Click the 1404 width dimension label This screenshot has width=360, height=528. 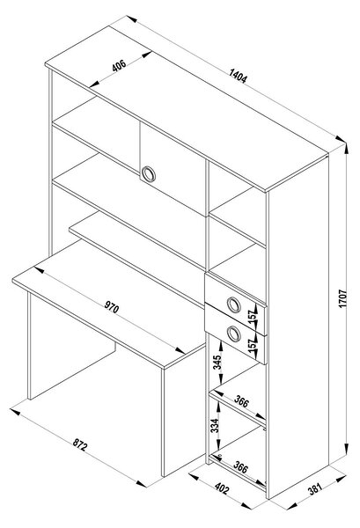point(238,76)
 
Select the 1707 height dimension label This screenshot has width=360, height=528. point(342,298)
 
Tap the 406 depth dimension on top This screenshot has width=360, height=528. point(119,65)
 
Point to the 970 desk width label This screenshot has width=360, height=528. point(112,307)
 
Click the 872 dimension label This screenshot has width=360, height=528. point(80,445)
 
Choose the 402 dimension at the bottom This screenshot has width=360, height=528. point(222,488)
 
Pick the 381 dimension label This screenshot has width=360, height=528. point(315,488)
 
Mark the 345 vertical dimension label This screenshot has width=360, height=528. point(217,363)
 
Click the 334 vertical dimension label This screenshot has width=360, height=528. point(215,426)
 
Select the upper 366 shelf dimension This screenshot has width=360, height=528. point(241,401)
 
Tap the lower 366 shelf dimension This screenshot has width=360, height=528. point(241,468)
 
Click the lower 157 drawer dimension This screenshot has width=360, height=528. point(254,346)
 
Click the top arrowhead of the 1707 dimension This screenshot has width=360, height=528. point(346,149)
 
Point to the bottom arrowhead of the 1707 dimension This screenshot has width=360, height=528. point(346,449)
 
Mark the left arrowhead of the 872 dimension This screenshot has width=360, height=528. point(16,412)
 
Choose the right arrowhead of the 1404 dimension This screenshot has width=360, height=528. point(341,139)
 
